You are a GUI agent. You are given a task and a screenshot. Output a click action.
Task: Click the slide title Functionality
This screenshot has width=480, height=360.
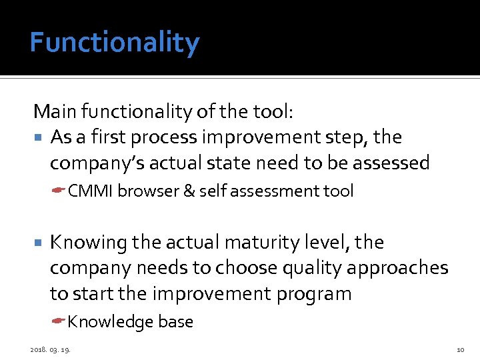[x=114, y=43]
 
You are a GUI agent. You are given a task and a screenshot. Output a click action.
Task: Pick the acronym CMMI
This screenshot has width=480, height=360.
[x=91, y=191]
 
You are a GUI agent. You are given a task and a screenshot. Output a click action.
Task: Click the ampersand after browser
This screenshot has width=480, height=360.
[x=188, y=191]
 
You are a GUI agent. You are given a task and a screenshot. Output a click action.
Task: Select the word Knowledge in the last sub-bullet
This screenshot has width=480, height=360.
[x=111, y=322]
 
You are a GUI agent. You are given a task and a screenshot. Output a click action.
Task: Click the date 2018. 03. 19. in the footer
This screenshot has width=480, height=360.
[x=51, y=349]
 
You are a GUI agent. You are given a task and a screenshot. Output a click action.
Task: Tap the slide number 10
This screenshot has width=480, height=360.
[x=460, y=349]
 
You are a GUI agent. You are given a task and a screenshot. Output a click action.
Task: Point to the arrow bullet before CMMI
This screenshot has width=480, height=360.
[x=59, y=191]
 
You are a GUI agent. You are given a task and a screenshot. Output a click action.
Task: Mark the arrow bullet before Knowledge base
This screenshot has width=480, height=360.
[x=59, y=322]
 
